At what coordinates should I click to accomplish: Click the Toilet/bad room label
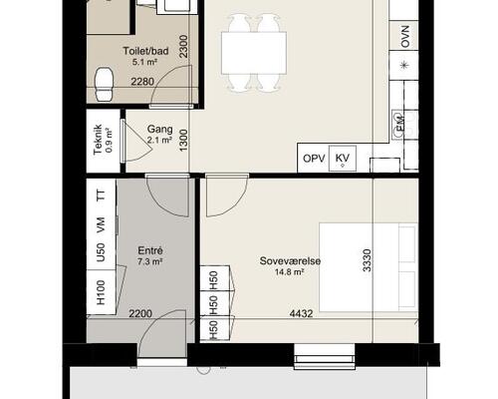pos(145,51)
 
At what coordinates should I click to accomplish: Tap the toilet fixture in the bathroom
pos(105,84)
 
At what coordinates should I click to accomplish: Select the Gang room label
pos(159,129)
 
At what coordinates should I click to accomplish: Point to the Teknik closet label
pos(99,140)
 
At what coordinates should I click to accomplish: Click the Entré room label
pos(150,250)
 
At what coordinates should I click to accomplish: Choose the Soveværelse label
pos(290,261)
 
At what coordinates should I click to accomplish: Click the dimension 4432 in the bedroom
pos(301,313)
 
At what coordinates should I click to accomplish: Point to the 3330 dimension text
pos(367,260)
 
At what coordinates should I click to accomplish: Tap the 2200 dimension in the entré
pos(140,313)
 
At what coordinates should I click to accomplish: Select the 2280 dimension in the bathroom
pos(142,82)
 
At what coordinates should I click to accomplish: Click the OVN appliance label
pos(405,36)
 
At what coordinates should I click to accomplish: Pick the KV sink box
pos(343,159)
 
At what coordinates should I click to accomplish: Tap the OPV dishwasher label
pos(314,159)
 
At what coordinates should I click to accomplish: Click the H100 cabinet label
pos(101,292)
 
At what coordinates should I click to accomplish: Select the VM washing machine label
pos(101,224)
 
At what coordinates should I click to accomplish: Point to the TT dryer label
pos(101,195)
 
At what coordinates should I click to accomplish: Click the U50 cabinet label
pos(101,252)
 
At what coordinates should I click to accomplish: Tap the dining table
pos(254,53)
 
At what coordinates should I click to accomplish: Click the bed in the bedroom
pos(369,267)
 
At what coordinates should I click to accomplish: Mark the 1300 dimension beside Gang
pos(183,140)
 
